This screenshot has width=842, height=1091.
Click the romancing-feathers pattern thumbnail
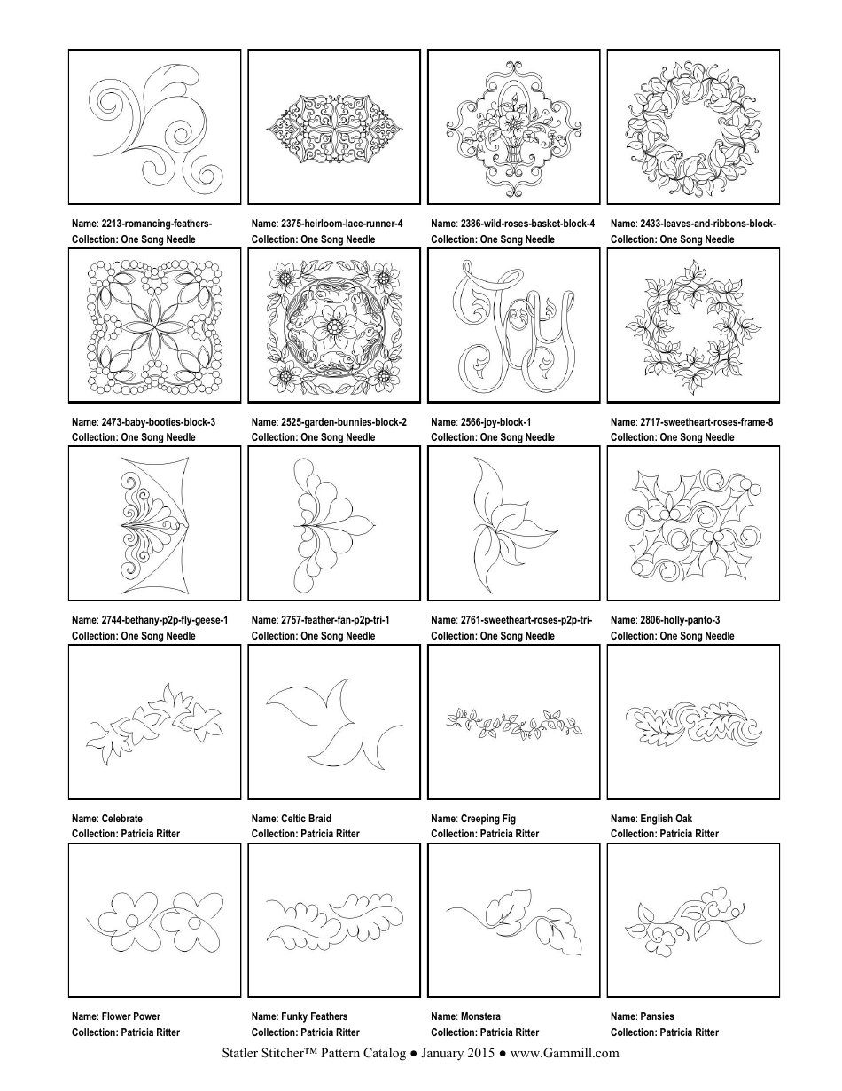pyautogui.click(x=155, y=127)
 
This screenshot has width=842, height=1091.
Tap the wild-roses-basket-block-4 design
pyautogui.click(x=514, y=127)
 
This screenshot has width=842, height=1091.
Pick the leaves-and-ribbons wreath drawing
pyautogui.click(x=694, y=127)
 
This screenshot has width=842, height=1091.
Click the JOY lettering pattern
pyautogui.click(x=514, y=326)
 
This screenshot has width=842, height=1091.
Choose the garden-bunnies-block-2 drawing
pyautogui.click(x=334, y=326)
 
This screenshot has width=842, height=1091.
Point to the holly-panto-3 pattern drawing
pyautogui.click(x=694, y=523)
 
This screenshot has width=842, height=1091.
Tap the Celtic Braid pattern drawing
pyautogui.click(x=334, y=722)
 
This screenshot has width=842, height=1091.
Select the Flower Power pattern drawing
pyautogui.click(x=155, y=920)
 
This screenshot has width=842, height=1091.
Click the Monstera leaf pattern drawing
pyautogui.click(x=514, y=920)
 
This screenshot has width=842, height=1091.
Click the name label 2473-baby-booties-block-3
pyautogui.click(x=144, y=422)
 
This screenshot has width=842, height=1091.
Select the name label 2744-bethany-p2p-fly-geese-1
pyautogui.click(x=150, y=620)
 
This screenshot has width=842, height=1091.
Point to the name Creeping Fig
pyautogui.click(x=487, y=819)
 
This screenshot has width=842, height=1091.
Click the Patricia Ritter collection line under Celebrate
pyautogui.click(x=126, y=834)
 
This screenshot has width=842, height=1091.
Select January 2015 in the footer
pyautogui.click(x=456, y=1054)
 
